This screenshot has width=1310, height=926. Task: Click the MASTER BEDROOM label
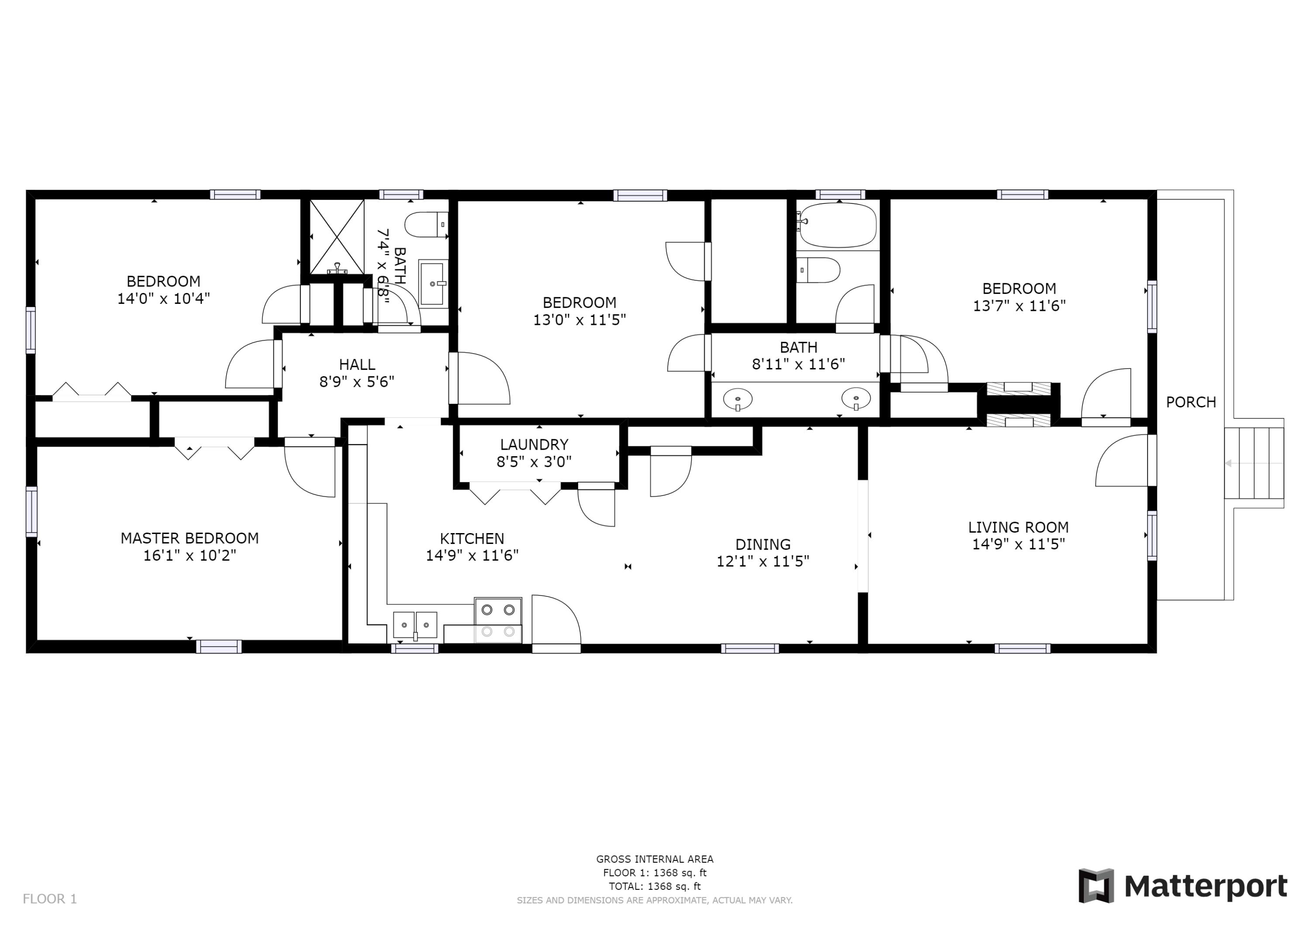point(190,538)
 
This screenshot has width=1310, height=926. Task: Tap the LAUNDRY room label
point(534,444)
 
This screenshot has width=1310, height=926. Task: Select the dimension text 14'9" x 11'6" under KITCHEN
point(472,555)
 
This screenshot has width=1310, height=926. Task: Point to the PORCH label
point(1191,402)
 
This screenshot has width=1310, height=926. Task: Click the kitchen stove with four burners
point(497,620)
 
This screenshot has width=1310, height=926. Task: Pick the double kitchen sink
point(415,625)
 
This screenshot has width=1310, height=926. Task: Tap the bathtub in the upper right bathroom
point(837,225)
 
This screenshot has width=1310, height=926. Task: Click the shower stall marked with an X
point(337,237)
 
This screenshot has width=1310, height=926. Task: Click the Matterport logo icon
point(1096,886)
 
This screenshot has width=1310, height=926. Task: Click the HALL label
point(357,365)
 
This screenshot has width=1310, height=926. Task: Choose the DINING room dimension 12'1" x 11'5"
point(763,561)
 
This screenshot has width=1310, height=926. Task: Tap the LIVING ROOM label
point(1018,527)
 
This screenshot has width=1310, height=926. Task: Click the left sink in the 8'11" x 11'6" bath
point(738,399)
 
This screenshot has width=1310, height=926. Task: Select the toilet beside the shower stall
point(426,225)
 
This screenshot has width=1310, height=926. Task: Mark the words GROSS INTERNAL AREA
point(655,859)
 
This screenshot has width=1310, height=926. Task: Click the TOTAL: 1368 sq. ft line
point(655,887)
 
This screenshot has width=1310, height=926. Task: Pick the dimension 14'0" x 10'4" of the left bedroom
point(164,298)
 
